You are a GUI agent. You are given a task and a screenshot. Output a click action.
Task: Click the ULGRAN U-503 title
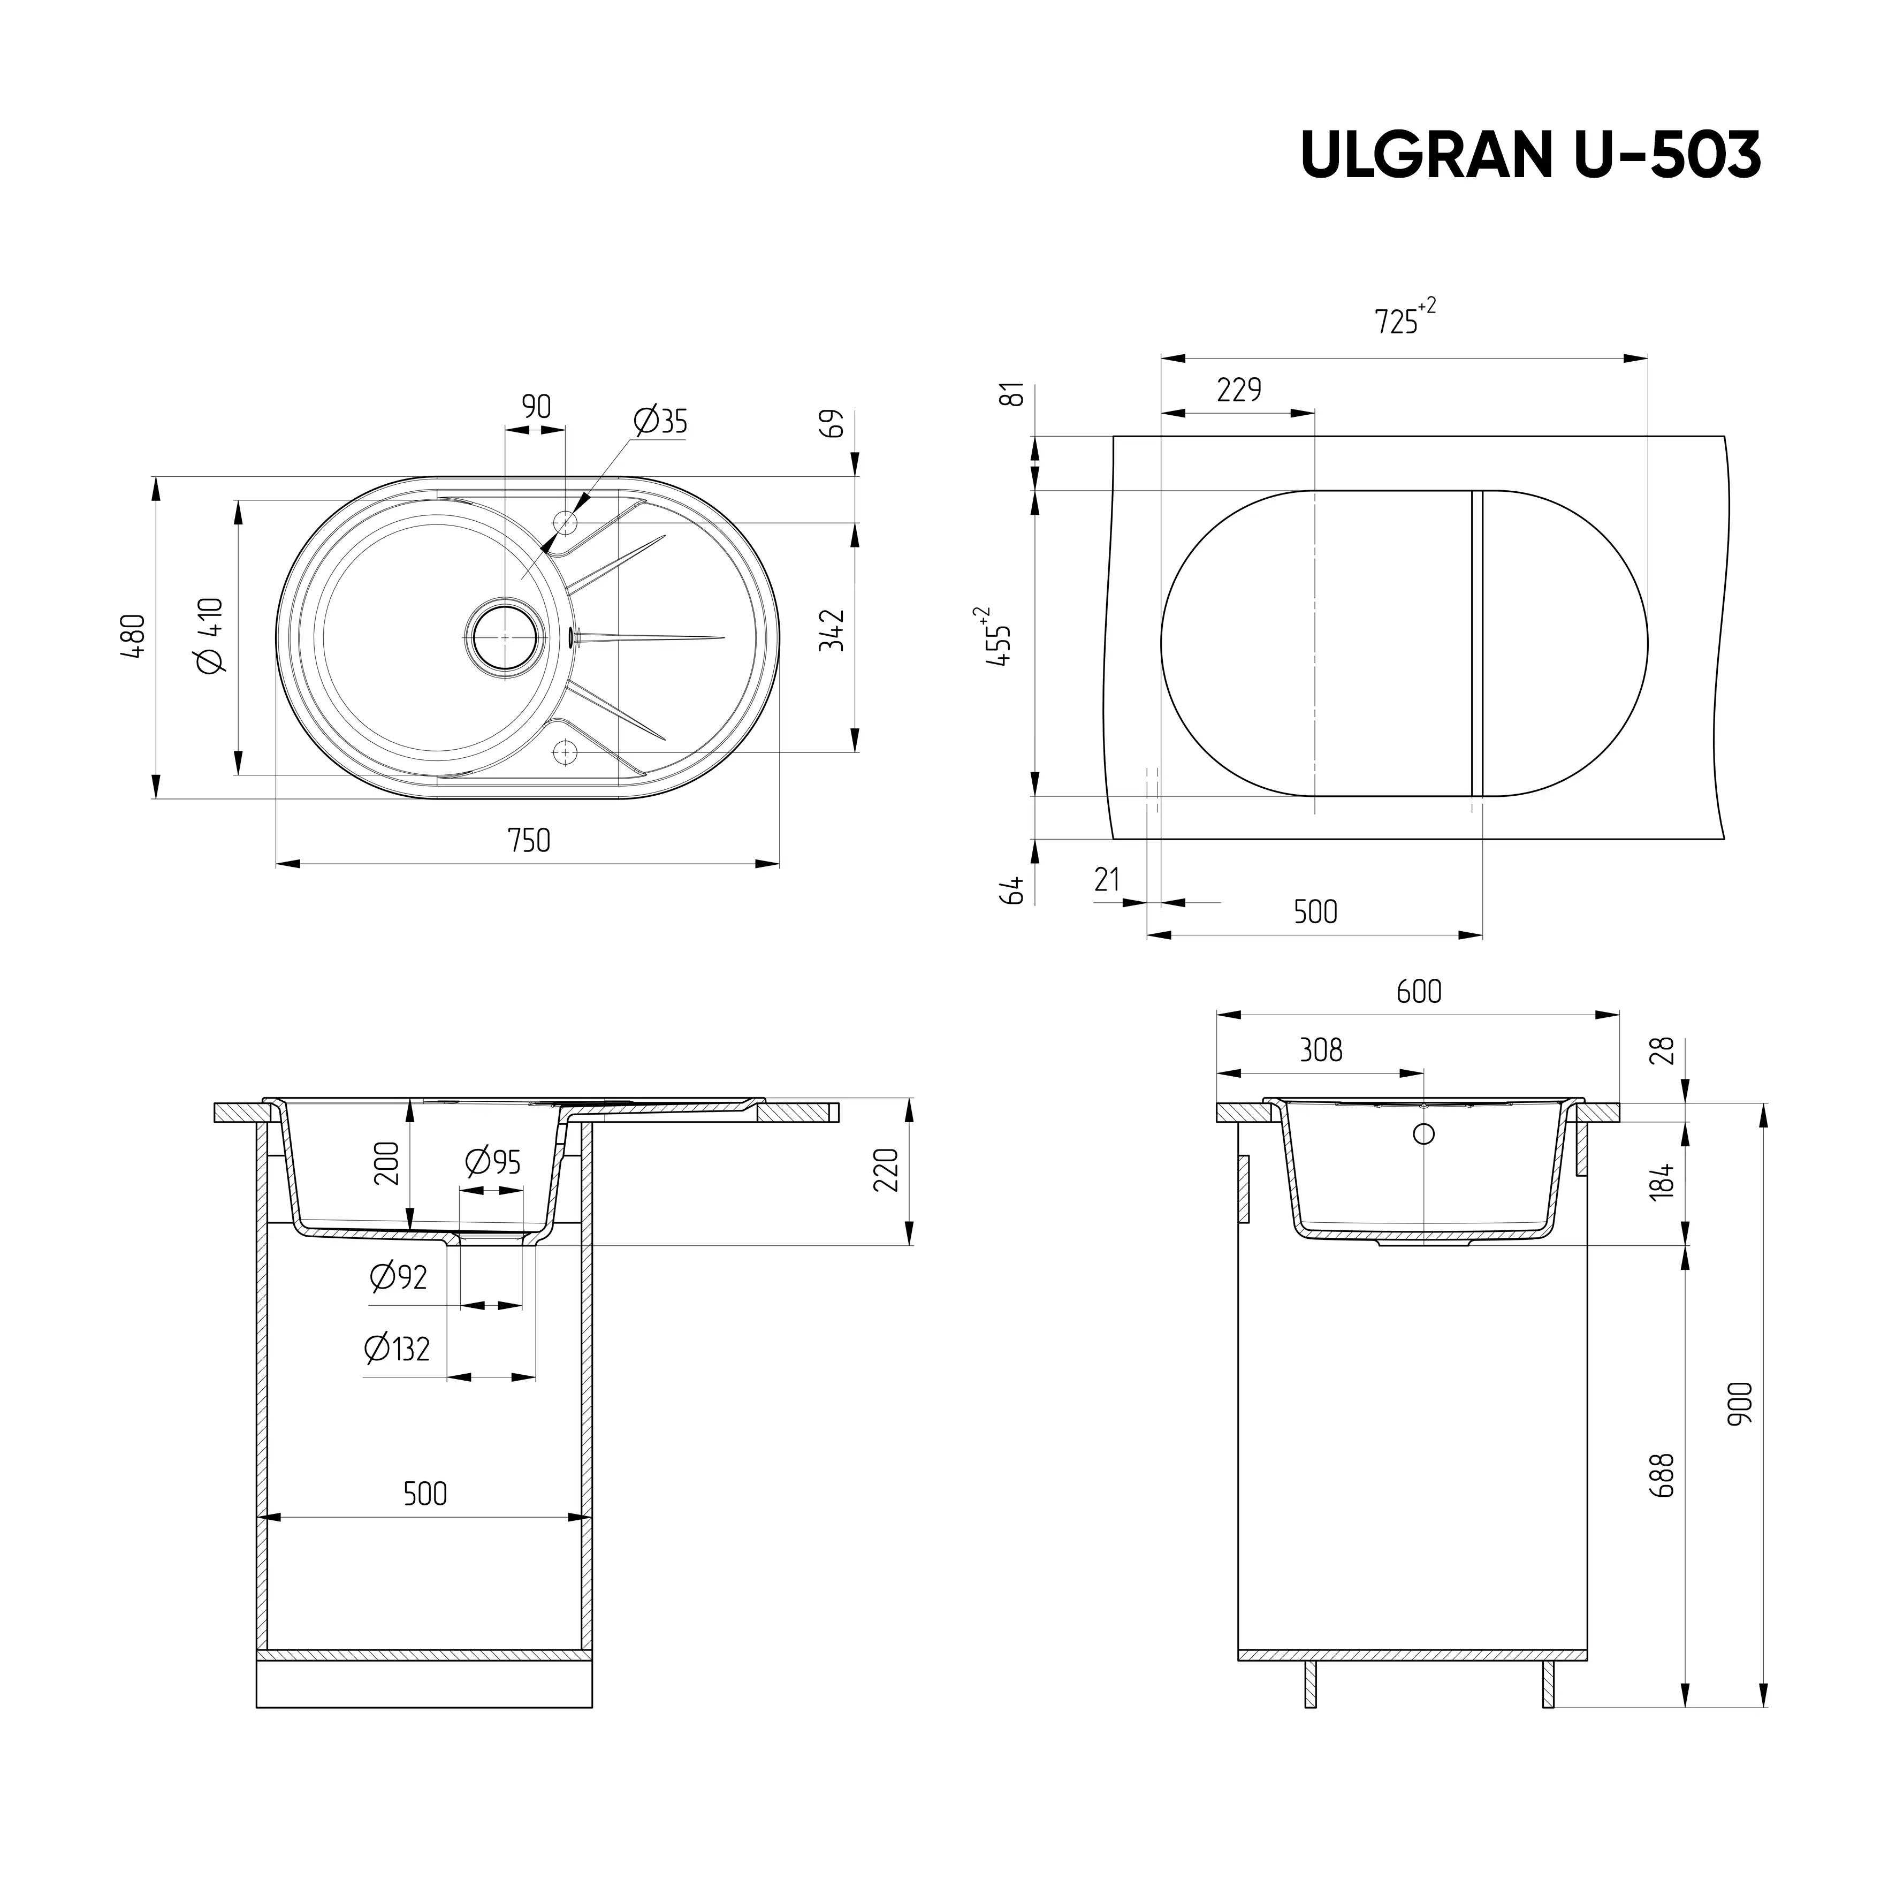point(1531,154)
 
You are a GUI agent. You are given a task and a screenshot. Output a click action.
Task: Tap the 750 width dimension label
point(529,841)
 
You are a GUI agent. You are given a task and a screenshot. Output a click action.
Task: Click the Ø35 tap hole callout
point(660,422)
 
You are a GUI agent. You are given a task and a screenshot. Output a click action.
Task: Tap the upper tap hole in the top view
point(565,521)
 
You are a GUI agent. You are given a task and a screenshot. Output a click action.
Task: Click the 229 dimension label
point(1238,391)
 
